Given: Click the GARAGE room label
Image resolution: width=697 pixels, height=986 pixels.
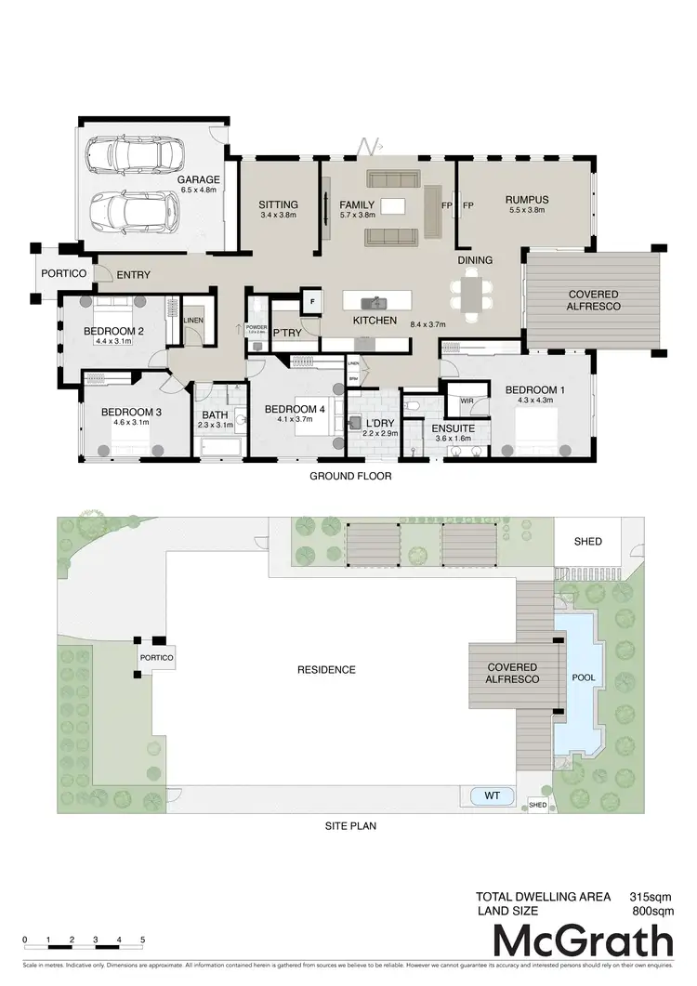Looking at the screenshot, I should [199, 179].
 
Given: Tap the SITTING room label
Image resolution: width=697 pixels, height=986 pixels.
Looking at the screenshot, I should [278, 204].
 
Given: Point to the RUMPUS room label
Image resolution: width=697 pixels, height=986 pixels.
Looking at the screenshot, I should [527, 199].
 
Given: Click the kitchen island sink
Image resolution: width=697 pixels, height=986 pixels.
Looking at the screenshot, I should [377, 302].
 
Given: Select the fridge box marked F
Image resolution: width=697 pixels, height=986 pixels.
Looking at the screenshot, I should [312, 301].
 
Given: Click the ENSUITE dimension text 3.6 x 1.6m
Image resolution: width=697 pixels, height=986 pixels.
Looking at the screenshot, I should [453, 439].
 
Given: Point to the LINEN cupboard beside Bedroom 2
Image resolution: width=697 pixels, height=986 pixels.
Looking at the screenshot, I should [193, 321].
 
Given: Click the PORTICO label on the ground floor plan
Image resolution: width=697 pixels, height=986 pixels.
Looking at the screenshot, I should [64, 274].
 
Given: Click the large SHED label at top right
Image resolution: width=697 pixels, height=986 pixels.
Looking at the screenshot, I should [587, 542].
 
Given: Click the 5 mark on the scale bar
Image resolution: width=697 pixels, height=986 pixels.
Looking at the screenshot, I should [143, 940].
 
